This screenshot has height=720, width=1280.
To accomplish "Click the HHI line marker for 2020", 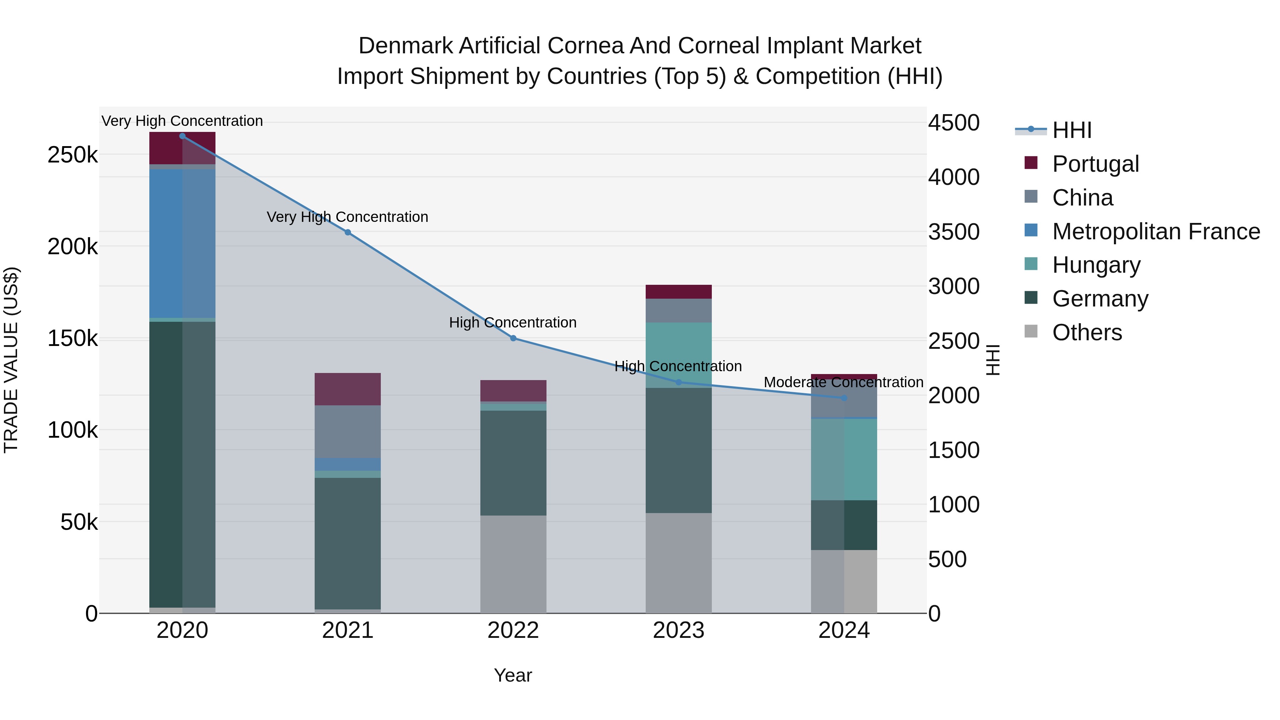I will (182, 136).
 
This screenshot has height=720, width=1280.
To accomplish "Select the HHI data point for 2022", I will (513, 338).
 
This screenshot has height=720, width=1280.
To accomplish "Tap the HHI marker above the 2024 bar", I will (844, 398).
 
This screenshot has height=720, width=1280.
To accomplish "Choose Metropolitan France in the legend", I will (1156, 231).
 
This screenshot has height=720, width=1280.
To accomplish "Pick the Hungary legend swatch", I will (1031, 264).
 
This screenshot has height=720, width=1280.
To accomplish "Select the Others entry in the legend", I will (1087, 332).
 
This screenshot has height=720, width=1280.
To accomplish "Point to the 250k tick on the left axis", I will (73, 155).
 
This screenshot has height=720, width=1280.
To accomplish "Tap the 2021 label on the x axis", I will (347, 630).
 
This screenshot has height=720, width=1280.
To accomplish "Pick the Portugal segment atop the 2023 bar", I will (678, 292).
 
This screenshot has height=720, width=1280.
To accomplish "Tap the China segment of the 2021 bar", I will (347, 431).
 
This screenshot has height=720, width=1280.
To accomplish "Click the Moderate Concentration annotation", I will (843, 383).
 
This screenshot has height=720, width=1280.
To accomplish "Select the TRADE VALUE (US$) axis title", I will (11, 360).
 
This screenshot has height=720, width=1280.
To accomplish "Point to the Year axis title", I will (513, 675).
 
